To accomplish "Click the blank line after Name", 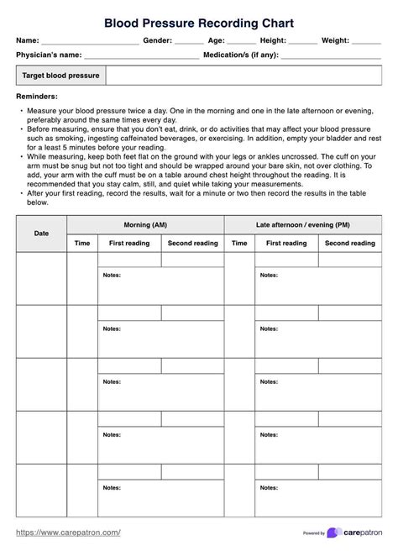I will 91,41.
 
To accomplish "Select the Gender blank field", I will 189,41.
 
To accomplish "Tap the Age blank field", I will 242,41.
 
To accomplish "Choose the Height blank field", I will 302,41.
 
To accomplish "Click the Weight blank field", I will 367,41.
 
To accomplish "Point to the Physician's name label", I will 49,55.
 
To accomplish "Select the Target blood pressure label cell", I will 61,76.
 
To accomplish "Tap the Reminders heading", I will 39,97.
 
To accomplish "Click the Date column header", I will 41,234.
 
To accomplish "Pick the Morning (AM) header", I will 145,224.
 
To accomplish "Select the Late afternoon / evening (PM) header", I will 302,224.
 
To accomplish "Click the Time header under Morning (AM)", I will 82,244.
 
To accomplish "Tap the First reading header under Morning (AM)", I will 129,244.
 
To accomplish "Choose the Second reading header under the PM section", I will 350,244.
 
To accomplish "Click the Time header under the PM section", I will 239,244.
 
